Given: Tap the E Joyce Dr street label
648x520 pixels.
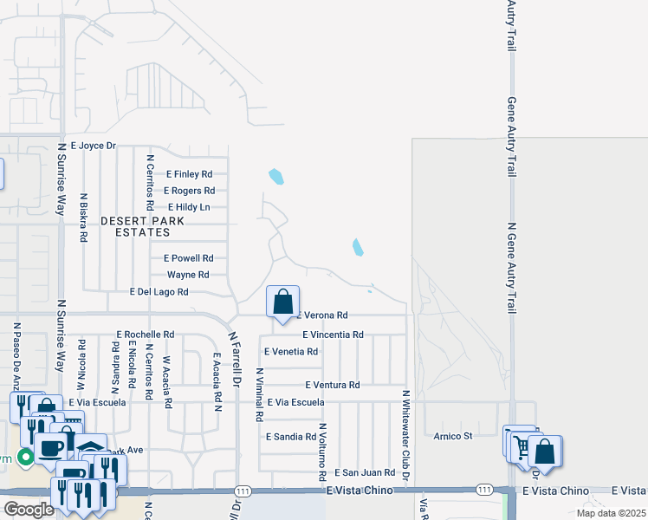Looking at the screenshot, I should [x=94, y=146].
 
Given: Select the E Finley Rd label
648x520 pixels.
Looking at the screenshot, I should [x=189, y=174].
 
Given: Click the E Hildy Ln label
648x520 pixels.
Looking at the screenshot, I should [x=189, y=207].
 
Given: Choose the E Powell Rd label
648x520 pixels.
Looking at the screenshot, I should [x=188, y=258].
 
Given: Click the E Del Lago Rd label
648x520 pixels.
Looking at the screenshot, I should [x=159, y=292].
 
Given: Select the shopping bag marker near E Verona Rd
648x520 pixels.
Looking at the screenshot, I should [x=282, y=303].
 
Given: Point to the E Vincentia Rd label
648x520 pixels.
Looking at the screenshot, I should [x=333, y=334].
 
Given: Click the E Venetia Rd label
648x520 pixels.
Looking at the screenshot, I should [x=290, y=351].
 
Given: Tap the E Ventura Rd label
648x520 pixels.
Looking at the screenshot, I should [x=332, y=385].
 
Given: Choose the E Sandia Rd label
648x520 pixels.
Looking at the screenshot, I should [x=291, y=436].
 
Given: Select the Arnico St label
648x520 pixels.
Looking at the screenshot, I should [x=453, y=436].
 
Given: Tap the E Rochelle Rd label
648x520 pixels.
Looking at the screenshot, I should [x=146, y=334].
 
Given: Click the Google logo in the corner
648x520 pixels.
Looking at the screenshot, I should [x=28, y=510].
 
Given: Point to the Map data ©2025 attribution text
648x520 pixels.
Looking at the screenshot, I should [x=610, y=513].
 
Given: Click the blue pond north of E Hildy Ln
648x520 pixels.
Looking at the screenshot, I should [x=276, y=177].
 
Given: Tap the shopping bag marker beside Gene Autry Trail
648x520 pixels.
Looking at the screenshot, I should [x=545, y=451].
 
